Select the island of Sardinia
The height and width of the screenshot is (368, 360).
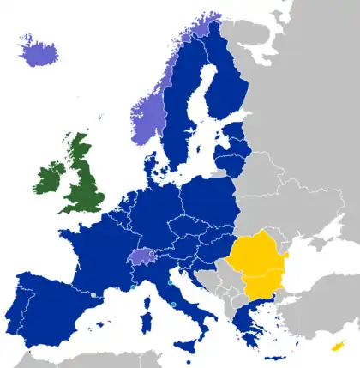click(141, 314)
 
